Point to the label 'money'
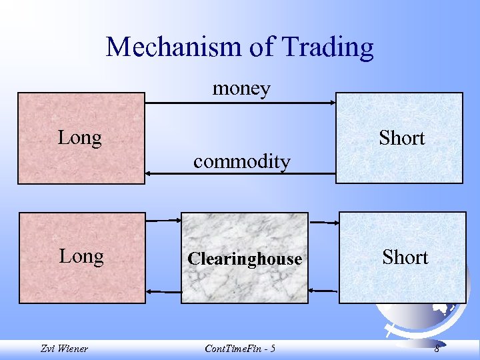click(241, 88)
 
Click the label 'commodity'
click(241, 161)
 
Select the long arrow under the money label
click(240, 103)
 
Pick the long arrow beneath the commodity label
click(240, 174)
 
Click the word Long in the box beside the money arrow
click(80, 138)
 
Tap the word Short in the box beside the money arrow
click(401, 138)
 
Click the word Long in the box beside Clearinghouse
click(81, 257)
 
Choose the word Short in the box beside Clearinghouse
click(405, 257)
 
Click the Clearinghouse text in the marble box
click(245, 259)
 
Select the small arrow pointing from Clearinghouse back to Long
click(163, 291)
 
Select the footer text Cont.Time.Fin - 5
click(240, 349)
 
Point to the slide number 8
click(437, 349)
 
